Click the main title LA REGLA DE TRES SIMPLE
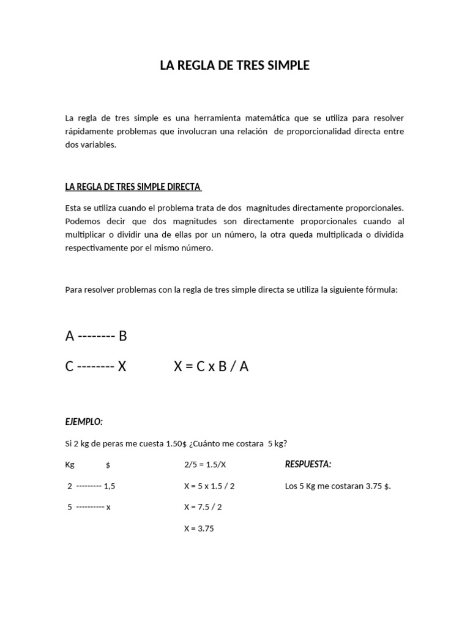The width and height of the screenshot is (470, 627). tap(234, 66)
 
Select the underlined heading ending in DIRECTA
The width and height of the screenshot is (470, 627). tap(133, 187)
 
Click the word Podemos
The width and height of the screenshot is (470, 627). tap(81, 221)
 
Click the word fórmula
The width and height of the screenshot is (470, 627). tap(381, 290)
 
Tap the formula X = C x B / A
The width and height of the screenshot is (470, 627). tap(211, 366)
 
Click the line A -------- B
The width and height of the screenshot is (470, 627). tap(96, 336)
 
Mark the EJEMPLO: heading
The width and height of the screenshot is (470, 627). tap(84, 422)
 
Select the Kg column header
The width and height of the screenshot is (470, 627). tap(70, 465)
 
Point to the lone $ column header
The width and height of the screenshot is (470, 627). tap(108, 465)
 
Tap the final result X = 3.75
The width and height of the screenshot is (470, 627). tap(199, 528)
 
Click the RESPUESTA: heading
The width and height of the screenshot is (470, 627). tap(308, 464)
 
